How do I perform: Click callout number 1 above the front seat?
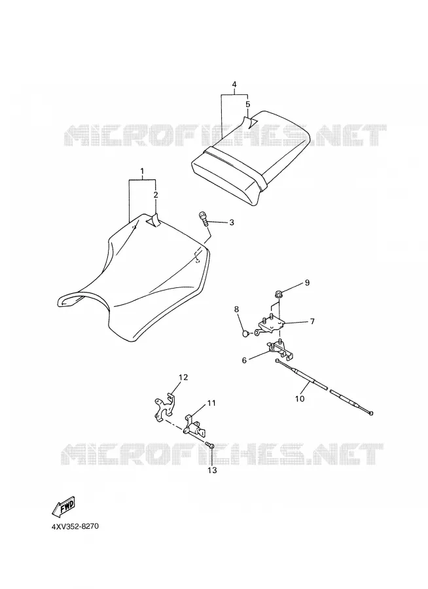(x=142, y=171)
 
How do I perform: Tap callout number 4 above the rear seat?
(x=234, y=84)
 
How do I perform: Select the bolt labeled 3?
(x=204, y=217)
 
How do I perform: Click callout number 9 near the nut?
(x=307, y=283)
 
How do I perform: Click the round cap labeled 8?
(x=245, y=332)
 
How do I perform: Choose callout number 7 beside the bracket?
(x=312, y=321)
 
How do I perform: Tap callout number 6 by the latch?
(x=244, y=360)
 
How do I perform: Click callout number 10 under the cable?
(x=300, y=399)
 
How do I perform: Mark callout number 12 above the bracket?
(x=183, y=377)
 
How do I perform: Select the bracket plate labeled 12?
(x=165, y=406)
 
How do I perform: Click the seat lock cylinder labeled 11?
(x=194, y=426)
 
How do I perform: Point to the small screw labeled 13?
(x=211, y=445)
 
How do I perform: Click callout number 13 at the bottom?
(x=212, y=470)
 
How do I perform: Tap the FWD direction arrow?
(x=63, y=507)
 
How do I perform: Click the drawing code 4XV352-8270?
(x=75, y=526)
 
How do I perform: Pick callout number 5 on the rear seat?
(x=247, y=103)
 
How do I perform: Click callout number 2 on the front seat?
(x=156, y=194)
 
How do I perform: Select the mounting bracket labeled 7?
(x=270, y=324)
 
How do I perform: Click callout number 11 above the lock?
(x=211, y=403)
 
